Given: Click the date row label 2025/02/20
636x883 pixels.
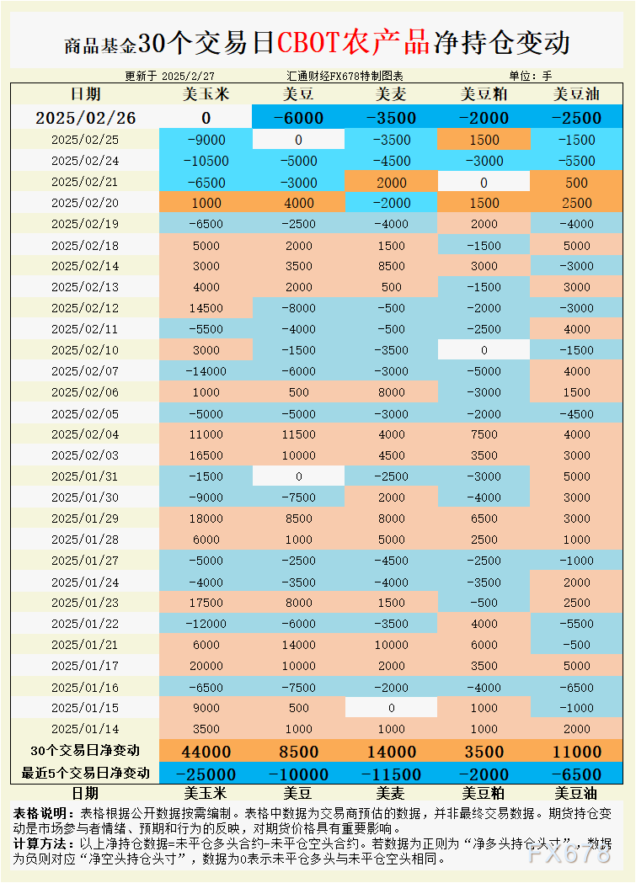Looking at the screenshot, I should click(84, 203).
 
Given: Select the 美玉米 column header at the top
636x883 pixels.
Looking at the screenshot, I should click(206, 95).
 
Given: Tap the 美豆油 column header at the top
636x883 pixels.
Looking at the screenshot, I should click(576, 95).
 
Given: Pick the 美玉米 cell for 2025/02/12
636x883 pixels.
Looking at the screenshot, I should click(206, 308).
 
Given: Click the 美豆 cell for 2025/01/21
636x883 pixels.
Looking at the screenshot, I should click(298, 645).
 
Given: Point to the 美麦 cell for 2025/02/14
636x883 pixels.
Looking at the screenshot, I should click(391, 266).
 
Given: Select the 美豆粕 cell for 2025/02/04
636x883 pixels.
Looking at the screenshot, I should click(484, 434).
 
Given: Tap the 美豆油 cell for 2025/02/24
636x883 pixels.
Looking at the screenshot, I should click(576, 161).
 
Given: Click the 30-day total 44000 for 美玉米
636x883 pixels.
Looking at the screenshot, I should click(206, 752).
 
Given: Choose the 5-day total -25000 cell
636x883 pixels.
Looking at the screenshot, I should click(206, 774).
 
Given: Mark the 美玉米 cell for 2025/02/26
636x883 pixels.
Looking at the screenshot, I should click(206, 118).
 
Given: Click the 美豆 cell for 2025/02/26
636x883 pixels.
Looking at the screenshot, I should click(298, 118).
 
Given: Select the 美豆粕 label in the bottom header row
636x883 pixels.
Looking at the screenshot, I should click(484, 793).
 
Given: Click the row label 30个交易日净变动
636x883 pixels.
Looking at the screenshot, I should click(84, 751).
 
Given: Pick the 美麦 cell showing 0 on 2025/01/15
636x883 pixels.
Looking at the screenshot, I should click(391, 708).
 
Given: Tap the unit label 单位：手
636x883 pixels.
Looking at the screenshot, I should click(531, 76).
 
